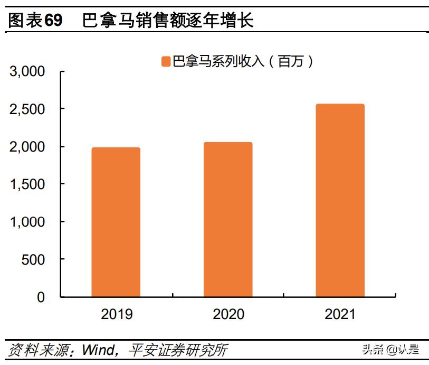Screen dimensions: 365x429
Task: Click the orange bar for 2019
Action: (116, 222)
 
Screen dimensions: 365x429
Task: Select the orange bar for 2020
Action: (228, 219)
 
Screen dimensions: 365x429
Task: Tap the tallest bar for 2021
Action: (340, 200)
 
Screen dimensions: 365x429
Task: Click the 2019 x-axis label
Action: (116, 314)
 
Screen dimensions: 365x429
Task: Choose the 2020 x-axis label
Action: (228, 314)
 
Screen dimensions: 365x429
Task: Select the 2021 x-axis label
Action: (340, 314)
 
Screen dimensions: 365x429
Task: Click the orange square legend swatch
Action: (165, 62)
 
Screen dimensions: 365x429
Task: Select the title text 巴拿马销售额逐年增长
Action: (168, 21)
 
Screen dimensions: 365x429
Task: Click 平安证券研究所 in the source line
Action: (179, 350)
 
